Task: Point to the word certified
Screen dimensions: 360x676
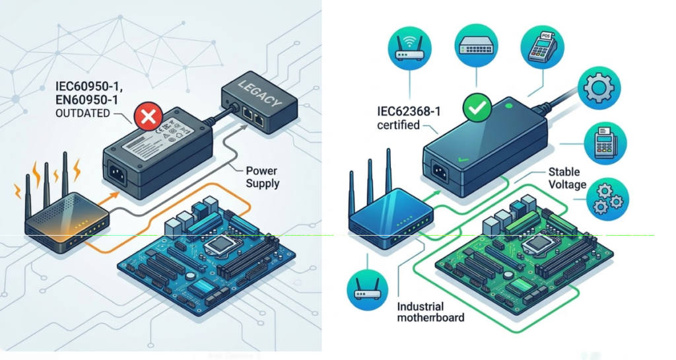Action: coord(398,124)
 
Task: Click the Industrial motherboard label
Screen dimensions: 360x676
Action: coord(430,312)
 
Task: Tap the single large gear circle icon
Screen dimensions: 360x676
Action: coord(599,88)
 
